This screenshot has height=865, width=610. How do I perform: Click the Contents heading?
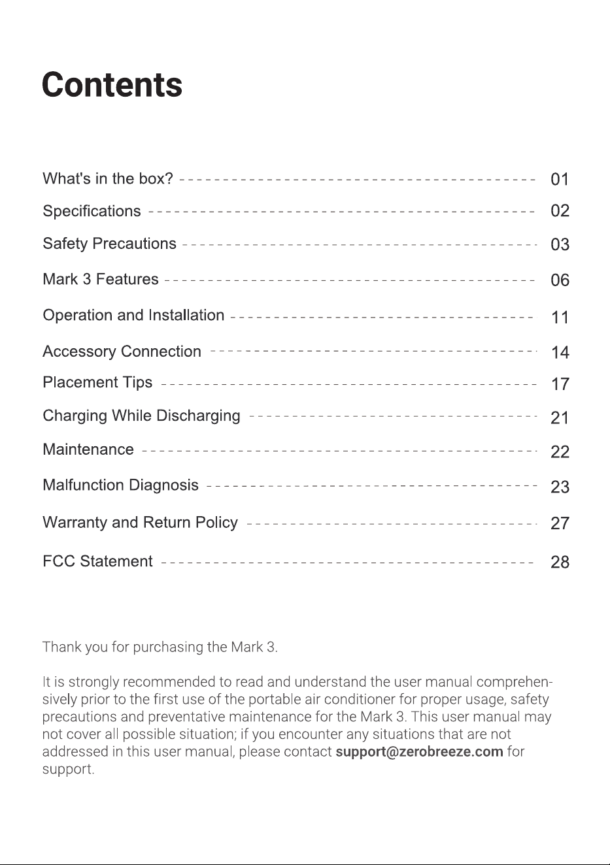(x=112, y=84)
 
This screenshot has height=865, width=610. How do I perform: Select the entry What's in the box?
(x=108, y=178)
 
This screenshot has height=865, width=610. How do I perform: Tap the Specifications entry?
(x=92, y=211)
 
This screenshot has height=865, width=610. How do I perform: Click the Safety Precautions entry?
(x=109, y=244)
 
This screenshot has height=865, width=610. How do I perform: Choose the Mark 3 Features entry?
(x=101, y=279)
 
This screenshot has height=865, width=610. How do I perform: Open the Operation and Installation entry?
(x=133, y=315)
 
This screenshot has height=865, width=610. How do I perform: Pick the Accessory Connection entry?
(x=122, y=351)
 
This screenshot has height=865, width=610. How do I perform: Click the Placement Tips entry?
(x=97, y=382)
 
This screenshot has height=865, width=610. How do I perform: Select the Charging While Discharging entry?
(x=141, y=416)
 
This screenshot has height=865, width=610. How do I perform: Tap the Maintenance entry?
(x=88, y=449)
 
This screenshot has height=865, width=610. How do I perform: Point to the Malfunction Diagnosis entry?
(x=120, y=485)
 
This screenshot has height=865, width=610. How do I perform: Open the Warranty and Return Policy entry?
(x=140, y=523)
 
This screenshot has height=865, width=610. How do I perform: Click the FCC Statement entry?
(x=97, y=561)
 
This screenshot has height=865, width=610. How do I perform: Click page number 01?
(x=560, y=180)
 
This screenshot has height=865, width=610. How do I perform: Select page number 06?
(x=560, y=280)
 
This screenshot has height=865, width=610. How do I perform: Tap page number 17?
(x=560, y=384)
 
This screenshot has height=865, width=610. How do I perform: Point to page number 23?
(x=560, y=487)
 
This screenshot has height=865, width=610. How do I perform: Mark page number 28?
(x=560, y=563)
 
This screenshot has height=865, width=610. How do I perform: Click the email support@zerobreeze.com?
(x=420, y=751)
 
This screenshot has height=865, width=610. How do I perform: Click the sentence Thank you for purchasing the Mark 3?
(x=160, y=647)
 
